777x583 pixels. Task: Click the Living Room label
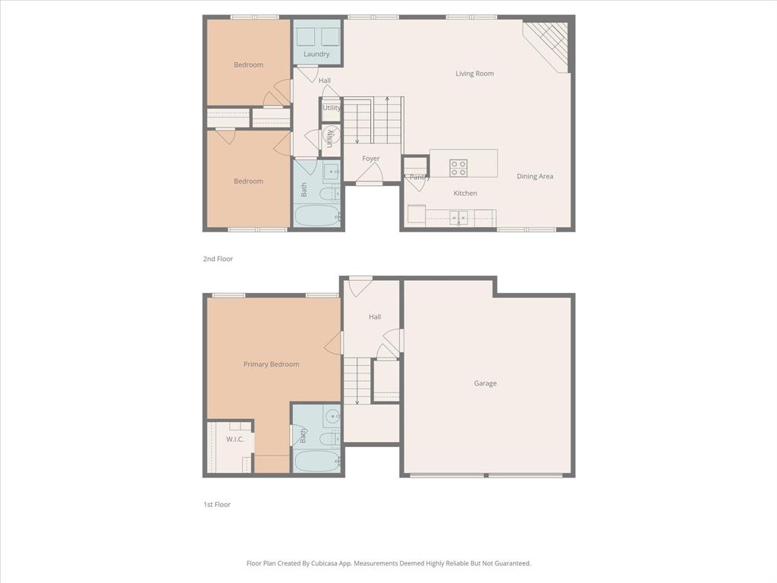coord(474,74)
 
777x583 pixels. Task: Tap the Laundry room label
coord(316,54)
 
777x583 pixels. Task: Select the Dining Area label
coord(535,176)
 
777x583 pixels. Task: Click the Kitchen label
coord(465,193)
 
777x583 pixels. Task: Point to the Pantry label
coord(420,178)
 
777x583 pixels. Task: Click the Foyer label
coord(370,159)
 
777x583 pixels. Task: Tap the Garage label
coord(486,383)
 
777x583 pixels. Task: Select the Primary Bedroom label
coord(271,364)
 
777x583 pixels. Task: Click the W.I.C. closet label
coord(234,439)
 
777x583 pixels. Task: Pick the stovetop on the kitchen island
coord(458,168)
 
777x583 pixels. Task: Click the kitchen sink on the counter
coord(458,219)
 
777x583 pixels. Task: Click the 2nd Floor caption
coord(218,259)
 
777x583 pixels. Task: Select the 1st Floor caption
coord(217,504)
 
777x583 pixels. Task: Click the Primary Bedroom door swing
coord(334,342)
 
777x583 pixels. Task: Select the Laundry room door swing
coord(307,74)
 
